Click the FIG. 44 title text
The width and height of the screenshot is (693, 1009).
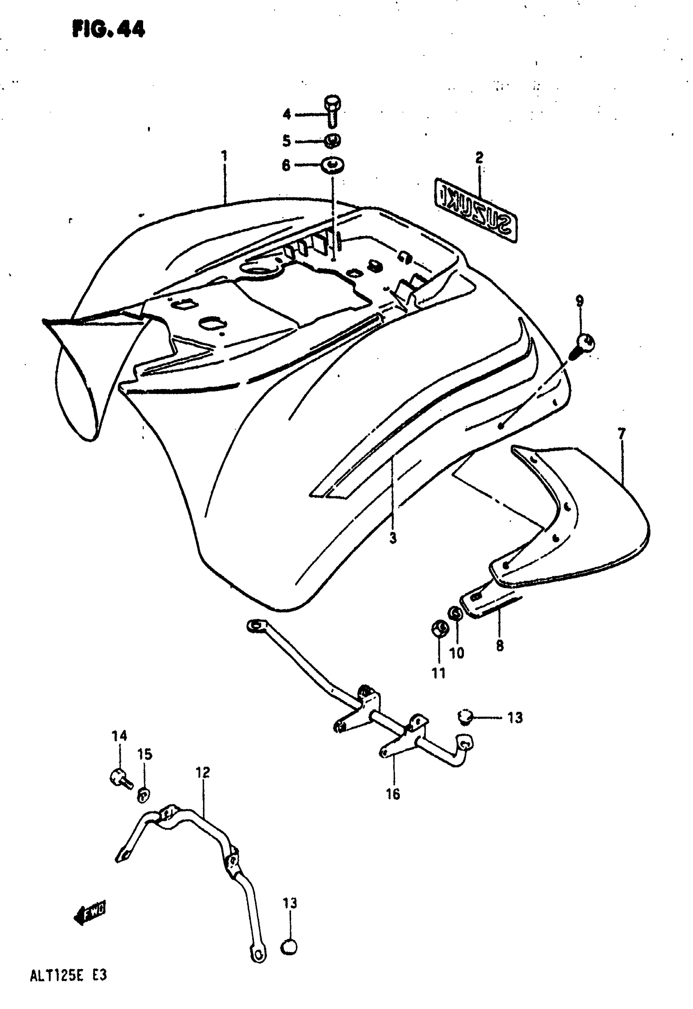[108, 29]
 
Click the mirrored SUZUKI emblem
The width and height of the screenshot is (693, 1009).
[476, 210]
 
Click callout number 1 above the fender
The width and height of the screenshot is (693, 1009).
[225, 155]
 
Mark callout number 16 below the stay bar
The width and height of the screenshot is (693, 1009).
[393, 794]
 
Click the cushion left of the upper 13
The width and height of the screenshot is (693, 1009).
[466, 717]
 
